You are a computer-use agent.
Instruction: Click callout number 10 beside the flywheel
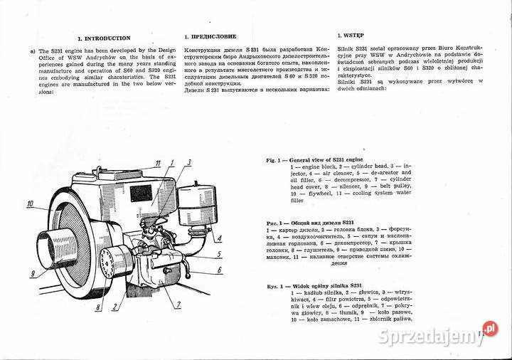pyautogui.click(x=31, y=203)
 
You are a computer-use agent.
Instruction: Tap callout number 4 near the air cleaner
pyautogui.click(x=220, y=238)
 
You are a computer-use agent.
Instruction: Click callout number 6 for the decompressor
pyautogui.click(x=220, y=270)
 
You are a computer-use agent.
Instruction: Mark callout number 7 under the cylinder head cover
pyautogui.click(x=178, y=305)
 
